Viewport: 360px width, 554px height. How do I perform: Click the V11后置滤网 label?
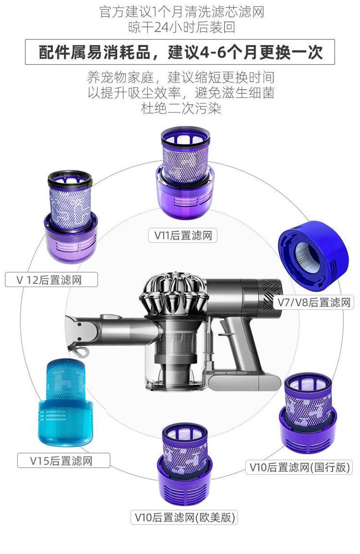click(x=183, y=235)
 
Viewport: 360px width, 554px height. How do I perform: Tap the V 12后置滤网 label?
click(x=51, y=280)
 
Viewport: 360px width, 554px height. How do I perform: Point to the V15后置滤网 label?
click(x=63, y=461)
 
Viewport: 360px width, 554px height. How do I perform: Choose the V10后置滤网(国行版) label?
click(x=299, y=467)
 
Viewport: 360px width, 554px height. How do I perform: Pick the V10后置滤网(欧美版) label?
click(x=184, y=517)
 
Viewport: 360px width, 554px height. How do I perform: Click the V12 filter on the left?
click(x=71, y=217)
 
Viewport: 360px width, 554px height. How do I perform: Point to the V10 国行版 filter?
click(x=308, y=413)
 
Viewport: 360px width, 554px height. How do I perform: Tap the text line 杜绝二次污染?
click(x=181, y=108)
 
